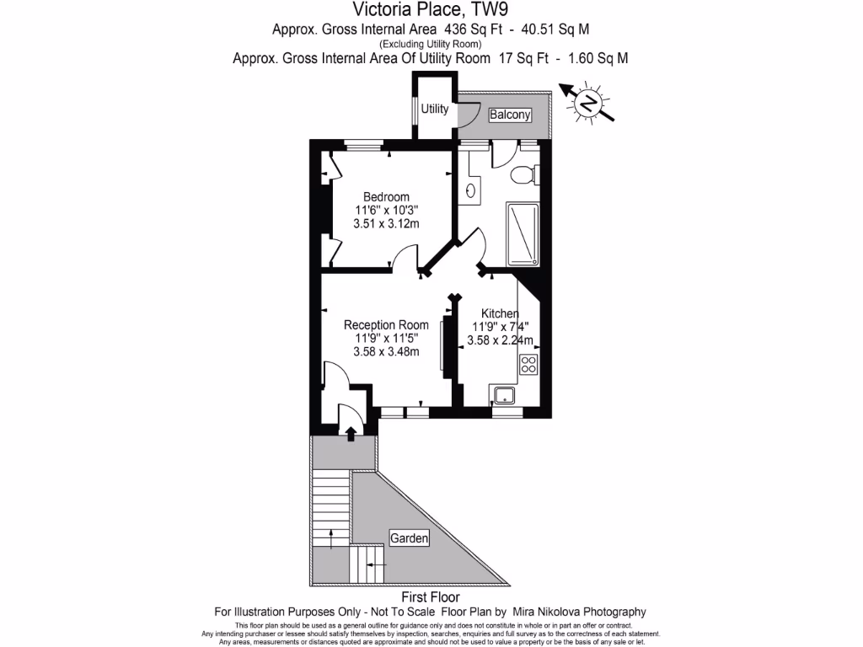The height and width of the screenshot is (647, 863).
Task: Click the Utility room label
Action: (435, 110)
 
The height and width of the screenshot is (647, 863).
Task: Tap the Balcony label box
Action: (511, 115)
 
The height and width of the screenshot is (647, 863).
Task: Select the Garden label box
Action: (409, 537)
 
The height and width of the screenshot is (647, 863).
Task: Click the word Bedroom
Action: (386, 197)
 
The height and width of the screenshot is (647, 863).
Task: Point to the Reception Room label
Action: (386, 325)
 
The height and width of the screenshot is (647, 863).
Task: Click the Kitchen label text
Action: (500, 313)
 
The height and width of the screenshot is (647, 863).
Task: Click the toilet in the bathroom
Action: (523, 175)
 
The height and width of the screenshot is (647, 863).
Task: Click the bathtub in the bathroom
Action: (522, 233)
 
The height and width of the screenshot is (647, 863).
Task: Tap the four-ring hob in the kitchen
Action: (529, 365)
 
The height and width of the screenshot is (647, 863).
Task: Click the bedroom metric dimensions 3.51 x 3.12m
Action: (386, 223)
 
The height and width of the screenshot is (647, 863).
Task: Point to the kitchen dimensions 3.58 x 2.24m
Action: (500, 341)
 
